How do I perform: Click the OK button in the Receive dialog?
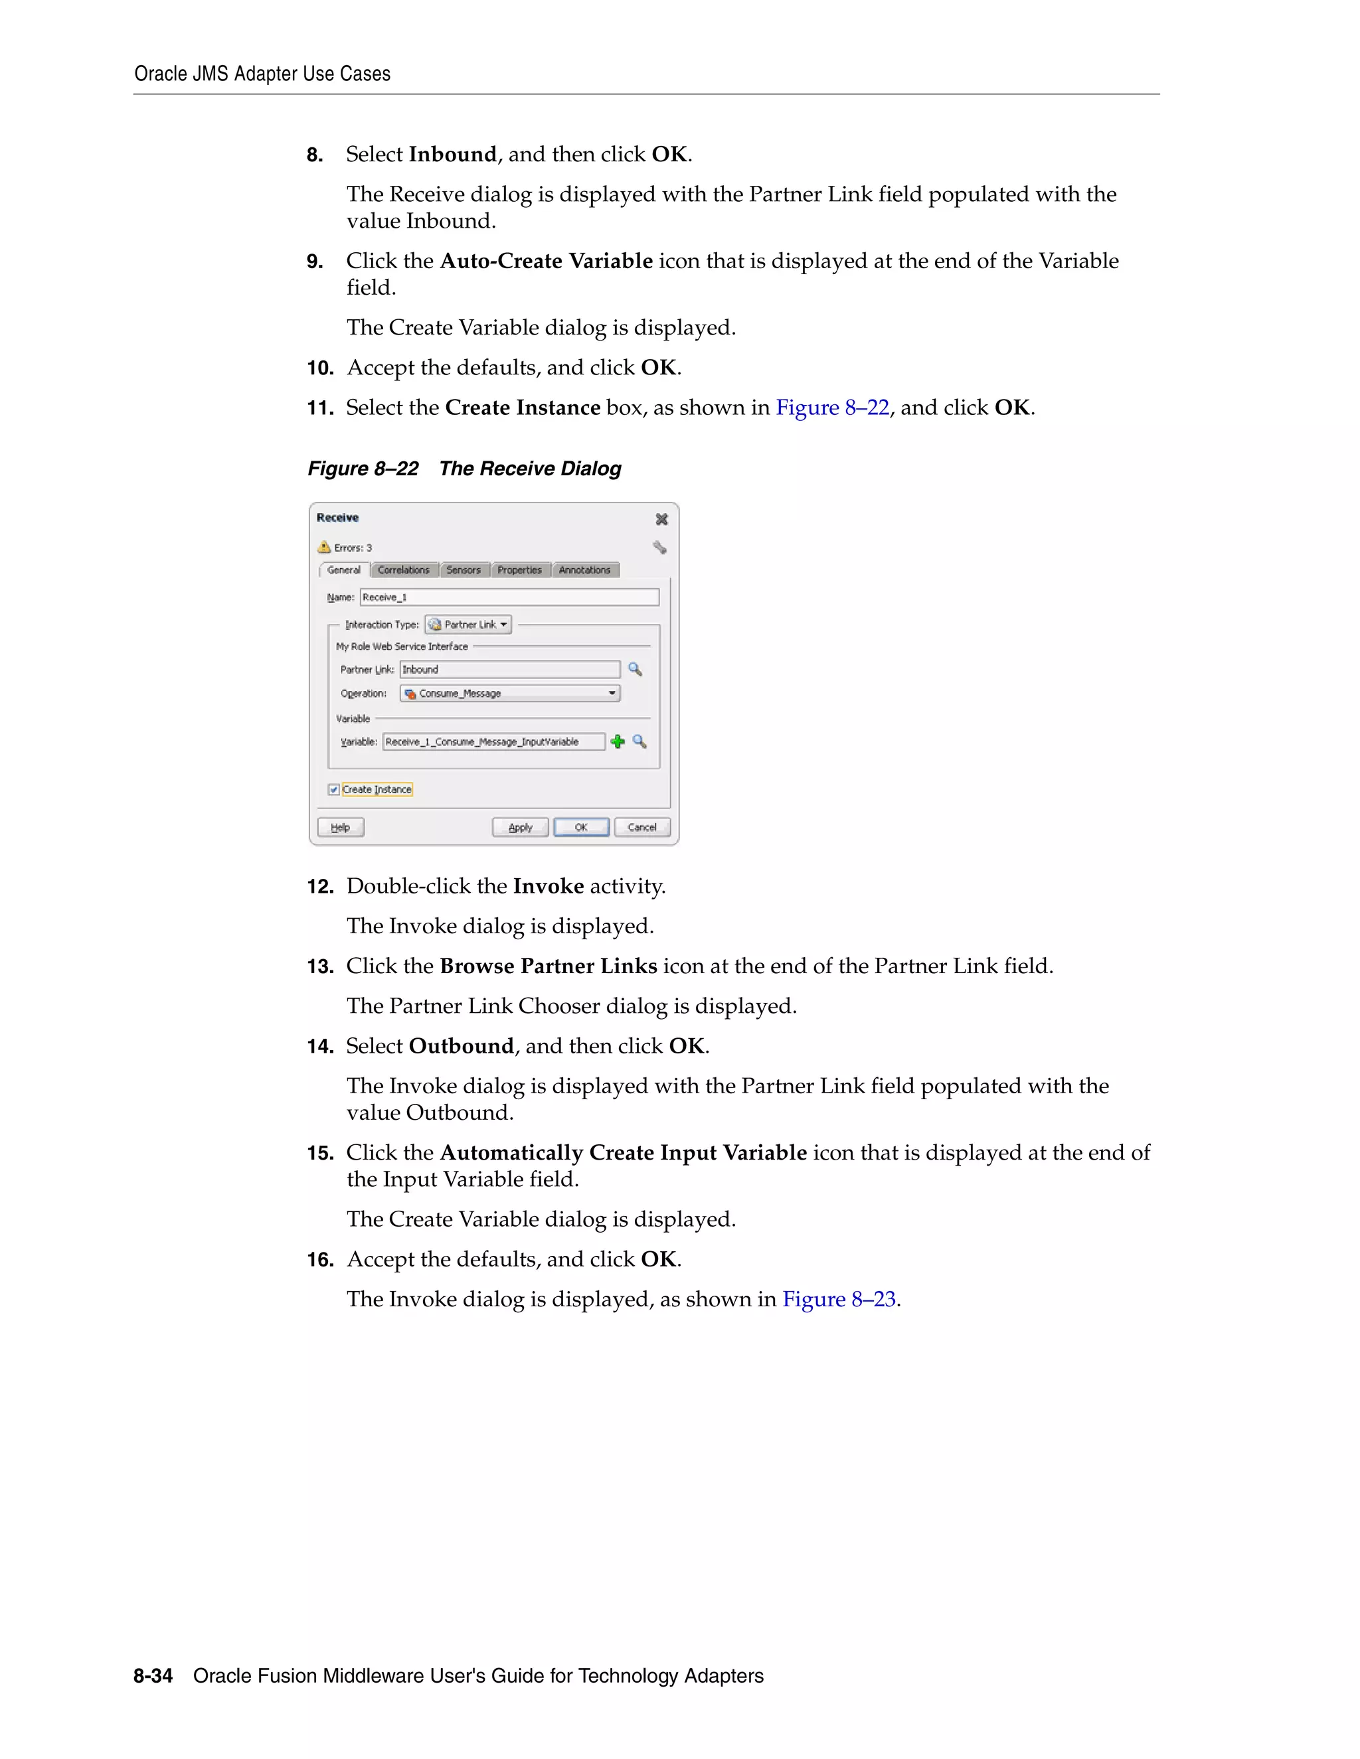[581, 827]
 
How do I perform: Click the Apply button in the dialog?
[521, 827]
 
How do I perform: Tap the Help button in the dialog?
[341, 827]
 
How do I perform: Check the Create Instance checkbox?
[333, 789]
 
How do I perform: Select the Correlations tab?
[404, 570]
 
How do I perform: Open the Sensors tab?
[464, 570]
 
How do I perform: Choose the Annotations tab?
[585, 570]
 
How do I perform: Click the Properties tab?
[520, 570]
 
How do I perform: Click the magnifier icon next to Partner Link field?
[635, 669]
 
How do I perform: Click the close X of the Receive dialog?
[661, 520]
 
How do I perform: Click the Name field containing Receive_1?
[509, 597]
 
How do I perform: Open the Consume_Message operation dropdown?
[510, 694]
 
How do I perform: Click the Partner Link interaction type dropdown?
[469, 625]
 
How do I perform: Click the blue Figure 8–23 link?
[839, 1299]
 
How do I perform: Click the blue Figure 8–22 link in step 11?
[832, 408]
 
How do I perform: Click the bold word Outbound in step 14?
[461, 1046]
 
